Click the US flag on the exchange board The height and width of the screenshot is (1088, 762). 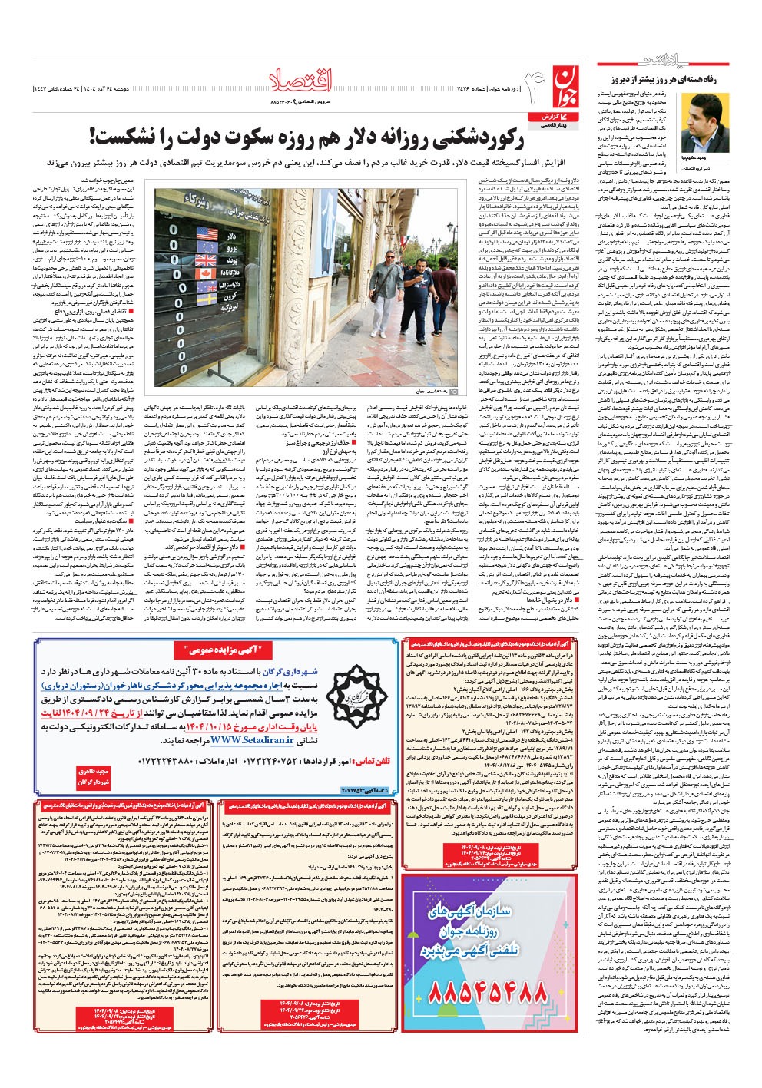pos(207,233)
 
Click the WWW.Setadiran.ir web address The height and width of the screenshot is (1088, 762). pos(244,739)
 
